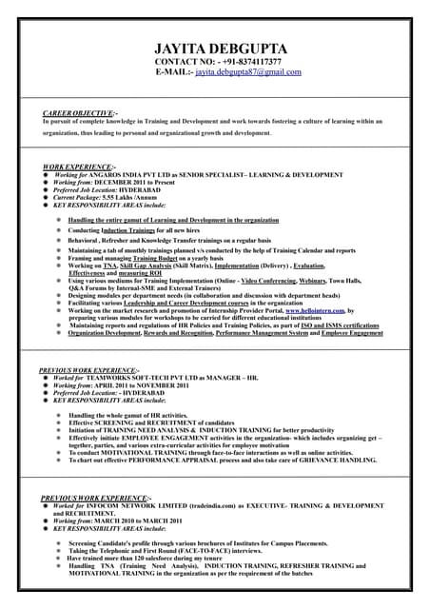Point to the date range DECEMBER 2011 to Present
coord(138,183)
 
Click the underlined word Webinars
coord(314,281)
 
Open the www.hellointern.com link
coord(313,310)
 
